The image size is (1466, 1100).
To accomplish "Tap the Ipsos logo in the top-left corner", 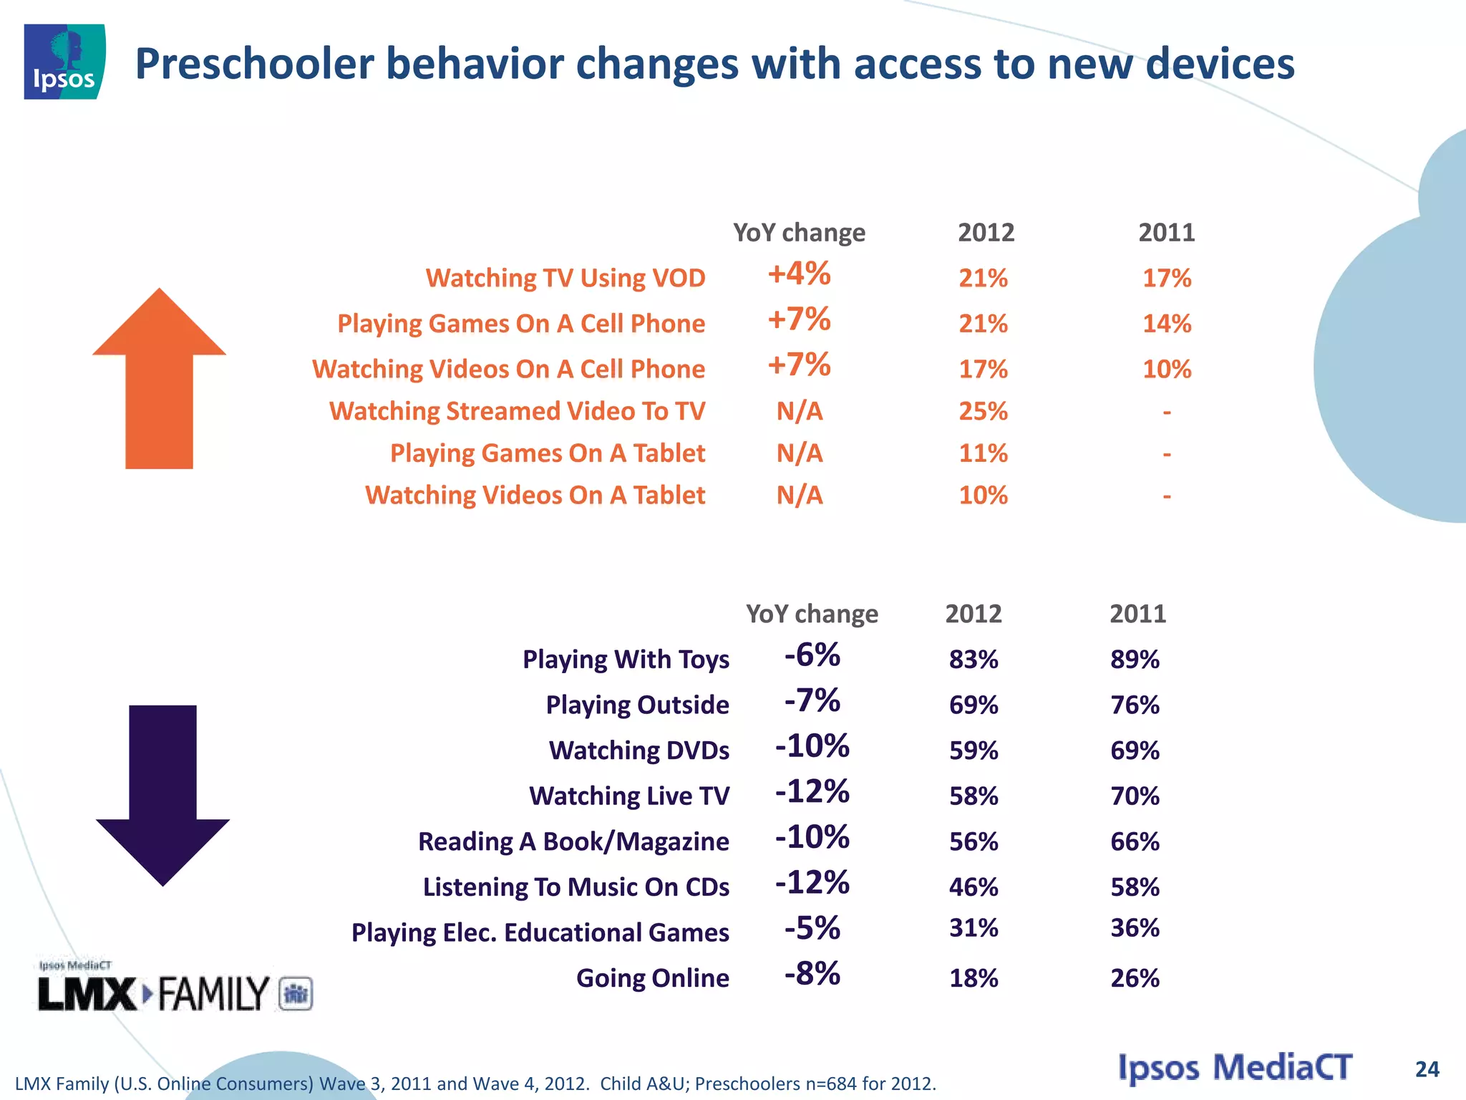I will pyautogui.click(x=64, y=62).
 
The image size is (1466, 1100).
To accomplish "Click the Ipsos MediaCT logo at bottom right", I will pyautogui.click(x=1236, y=1068).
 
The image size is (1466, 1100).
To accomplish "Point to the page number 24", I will pyautogui.click(x=1427, y=1069).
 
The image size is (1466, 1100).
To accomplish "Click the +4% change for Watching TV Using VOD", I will pyautogui.click(x=799, y=274).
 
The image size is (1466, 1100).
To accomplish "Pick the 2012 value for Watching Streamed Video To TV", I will pyautogui.click(x=983, y=411).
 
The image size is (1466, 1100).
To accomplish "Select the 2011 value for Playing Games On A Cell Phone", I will pyautogui.click(x=1167, y=324).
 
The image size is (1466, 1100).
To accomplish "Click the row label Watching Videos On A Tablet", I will pyautogui.click(x=535, y=495).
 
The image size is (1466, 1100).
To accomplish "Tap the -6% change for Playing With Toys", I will pyautogui.click(x=812, y=655).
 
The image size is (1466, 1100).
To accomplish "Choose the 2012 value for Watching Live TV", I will pyautogui.click(x=974, y=796).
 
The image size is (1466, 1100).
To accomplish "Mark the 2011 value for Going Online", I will pyautogui.click(x=1135, y=978).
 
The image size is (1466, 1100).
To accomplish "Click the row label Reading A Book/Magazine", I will pyautogui.click(x=573, y=841).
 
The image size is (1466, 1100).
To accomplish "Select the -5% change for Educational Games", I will pyautogui.click(x=812, y=929).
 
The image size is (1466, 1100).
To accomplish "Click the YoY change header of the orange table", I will pyautogui.click(x=799, y=233).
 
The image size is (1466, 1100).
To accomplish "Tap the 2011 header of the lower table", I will pyautogui.click(x=1137, y=614).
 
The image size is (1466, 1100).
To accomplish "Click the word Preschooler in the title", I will pyautogui.click(x=255, y=64).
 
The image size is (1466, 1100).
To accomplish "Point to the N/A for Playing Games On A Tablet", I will pyautogui.click(x=800, y=453).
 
